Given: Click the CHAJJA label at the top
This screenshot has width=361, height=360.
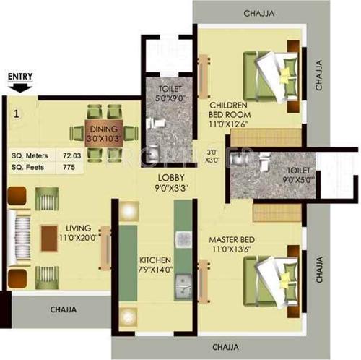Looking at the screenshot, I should coord(258,13).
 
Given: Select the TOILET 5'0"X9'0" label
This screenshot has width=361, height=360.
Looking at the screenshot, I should coord(170,96).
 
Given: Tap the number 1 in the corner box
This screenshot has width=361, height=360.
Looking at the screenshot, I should coord(16,113).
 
